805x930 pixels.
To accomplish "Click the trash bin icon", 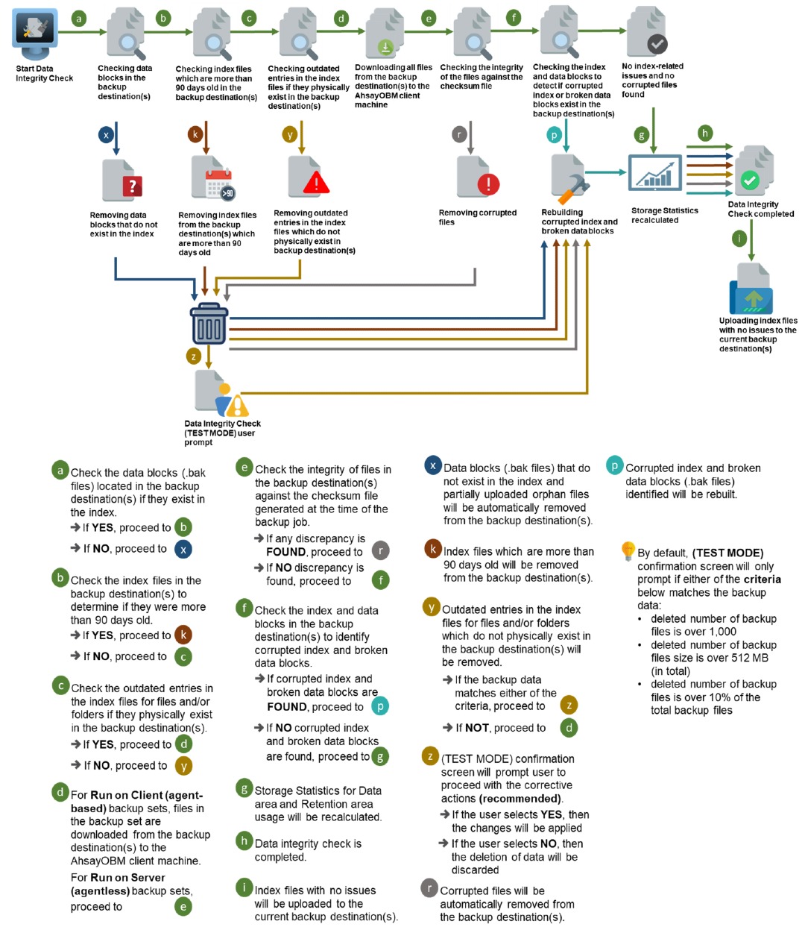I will (209, 324).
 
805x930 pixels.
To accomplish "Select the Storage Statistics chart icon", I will (654, 174).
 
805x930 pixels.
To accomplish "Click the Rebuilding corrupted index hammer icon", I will (570, 179).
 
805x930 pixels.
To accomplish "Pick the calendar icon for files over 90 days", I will (212, 180).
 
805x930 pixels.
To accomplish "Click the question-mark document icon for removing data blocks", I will (122, 181).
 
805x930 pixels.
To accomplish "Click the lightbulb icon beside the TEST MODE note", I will (628, 551).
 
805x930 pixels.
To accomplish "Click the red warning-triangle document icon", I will (308, 178).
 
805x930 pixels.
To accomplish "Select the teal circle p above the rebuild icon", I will (554, 134).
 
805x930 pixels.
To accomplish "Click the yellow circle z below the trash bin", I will (194, 356).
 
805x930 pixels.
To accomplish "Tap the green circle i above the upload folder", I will (739, 239).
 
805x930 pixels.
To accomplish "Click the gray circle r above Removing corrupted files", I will (460, 134).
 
